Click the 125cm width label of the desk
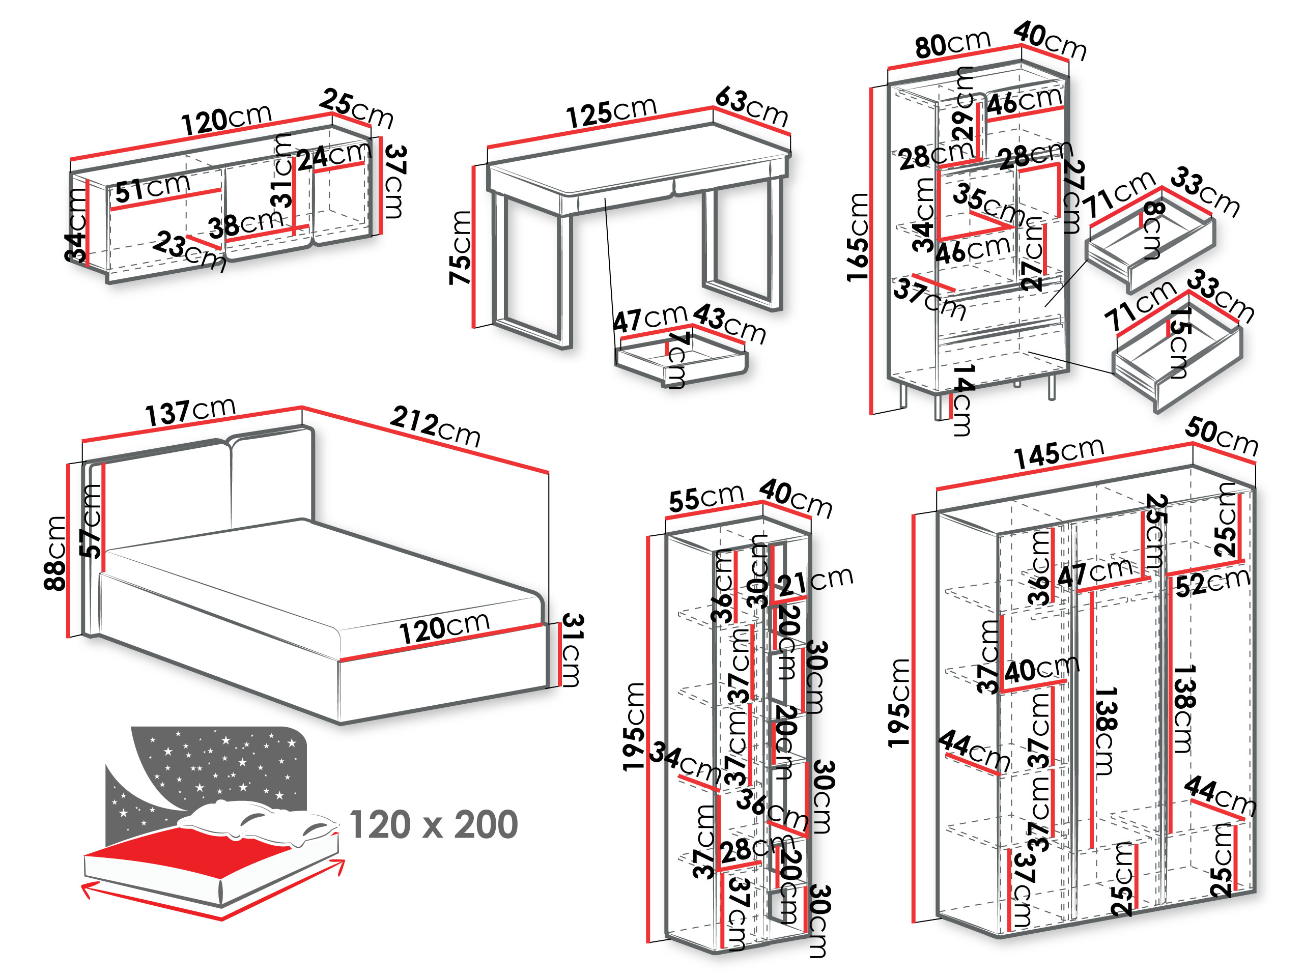[x=611, y=112]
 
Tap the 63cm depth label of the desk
[x=752, y=106]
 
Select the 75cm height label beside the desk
[x=460, y=248]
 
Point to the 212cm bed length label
[x=435, y=426]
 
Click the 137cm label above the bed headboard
[x=190, y=411]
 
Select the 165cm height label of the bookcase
[x=858, y=237]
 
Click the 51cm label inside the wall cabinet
[x=152, y=188]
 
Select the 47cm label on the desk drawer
[x=650, y=319]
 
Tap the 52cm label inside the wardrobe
[x=1213, y=583]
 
